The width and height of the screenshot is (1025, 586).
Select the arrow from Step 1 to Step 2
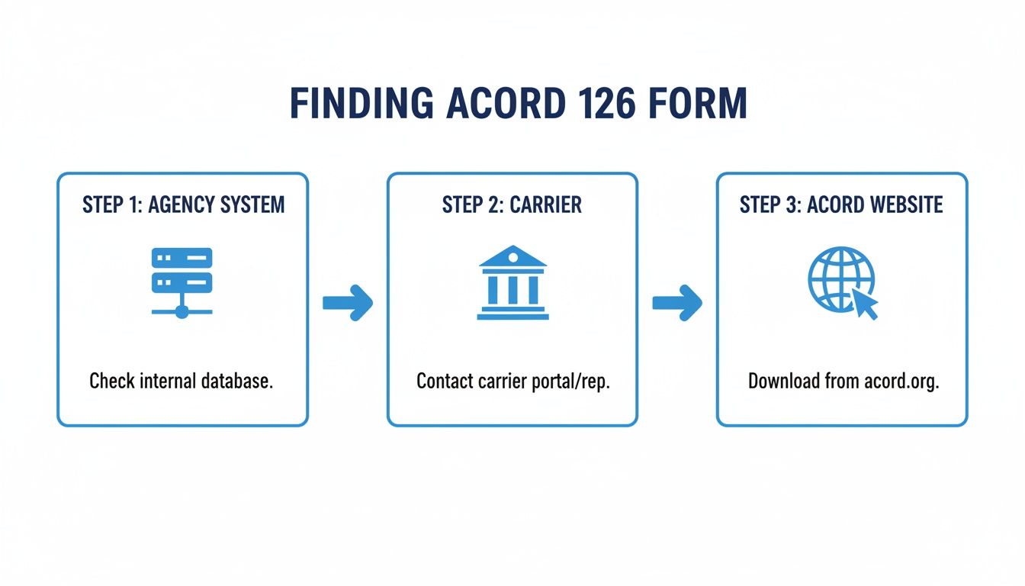347,303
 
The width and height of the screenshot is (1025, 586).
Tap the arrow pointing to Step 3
676,303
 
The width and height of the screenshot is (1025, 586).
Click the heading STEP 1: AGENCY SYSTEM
182,204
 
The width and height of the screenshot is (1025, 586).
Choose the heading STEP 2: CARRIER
512,204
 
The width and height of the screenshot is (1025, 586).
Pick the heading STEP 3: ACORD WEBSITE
841,204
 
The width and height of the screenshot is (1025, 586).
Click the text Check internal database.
181,381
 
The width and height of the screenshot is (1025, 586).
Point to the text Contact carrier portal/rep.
513,381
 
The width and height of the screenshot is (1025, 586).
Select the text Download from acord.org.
843,381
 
